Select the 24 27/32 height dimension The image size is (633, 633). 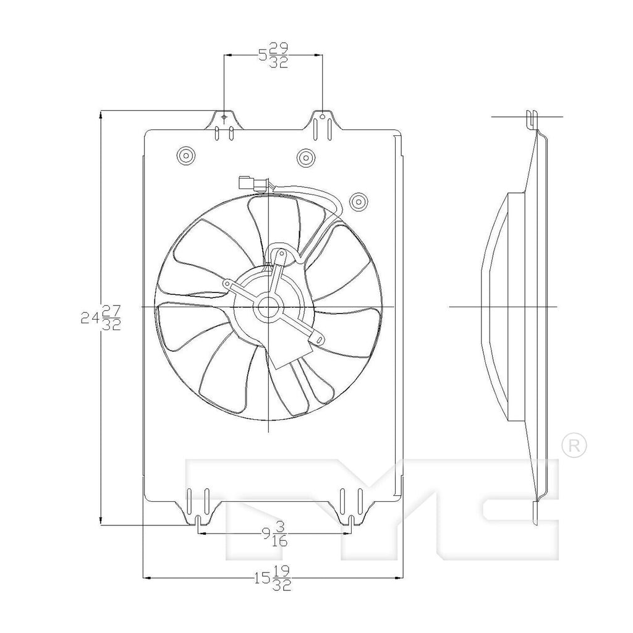(x=100, y=318)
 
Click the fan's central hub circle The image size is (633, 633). (x=268, y=307)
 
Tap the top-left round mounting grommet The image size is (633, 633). (x=185, y=156)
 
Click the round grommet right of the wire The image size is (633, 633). (x=357, y=201)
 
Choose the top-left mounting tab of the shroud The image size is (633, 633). (x=223, y=122)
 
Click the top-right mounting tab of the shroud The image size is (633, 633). (x=321, y=122)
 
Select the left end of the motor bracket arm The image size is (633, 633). (x=228, y=284)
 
